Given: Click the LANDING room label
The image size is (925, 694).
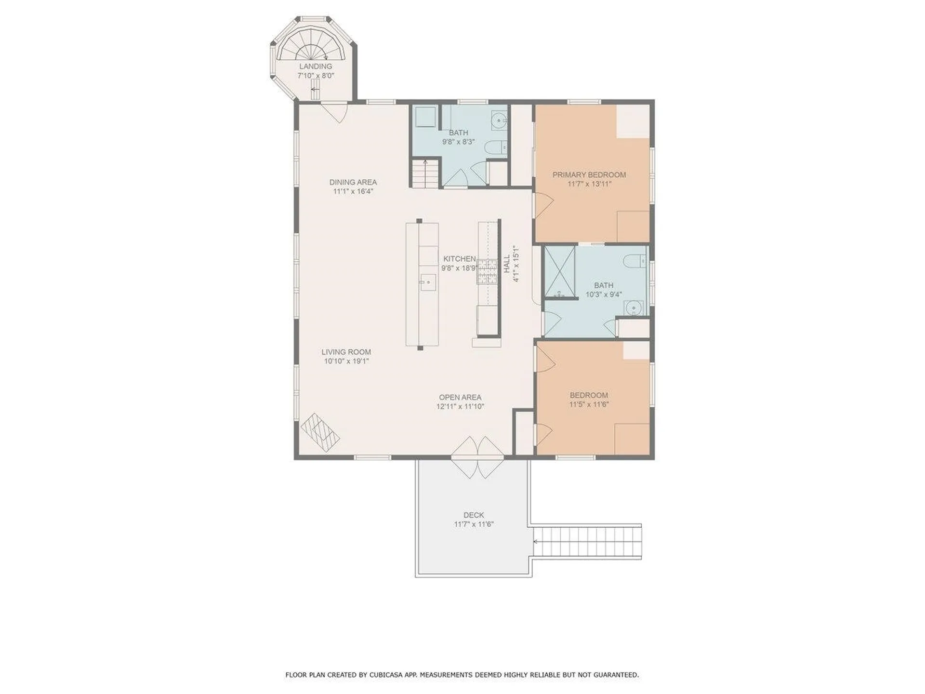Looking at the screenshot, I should tap(316, 66).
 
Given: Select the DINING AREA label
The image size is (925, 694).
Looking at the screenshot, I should tap(353, 182).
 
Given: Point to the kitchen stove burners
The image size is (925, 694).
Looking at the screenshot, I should tap(487, 271).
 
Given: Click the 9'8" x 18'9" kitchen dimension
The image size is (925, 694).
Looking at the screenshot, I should tap(459, 268).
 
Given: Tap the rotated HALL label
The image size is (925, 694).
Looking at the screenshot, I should tap(507, 264).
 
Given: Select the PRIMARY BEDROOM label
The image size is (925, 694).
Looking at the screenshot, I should tap(589, 175).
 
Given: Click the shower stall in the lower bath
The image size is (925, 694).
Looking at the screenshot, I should tap(560, 272).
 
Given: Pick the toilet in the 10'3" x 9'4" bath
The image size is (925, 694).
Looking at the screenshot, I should tap(635, 261).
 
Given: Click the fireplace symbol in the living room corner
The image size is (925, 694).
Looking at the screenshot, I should tap(320, 432).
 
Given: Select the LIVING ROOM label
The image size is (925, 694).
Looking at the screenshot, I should tap(346, 352).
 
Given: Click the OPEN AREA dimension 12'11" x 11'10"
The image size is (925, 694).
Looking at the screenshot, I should tap(460, 406).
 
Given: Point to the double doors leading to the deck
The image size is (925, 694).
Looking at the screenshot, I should tap(477, 457).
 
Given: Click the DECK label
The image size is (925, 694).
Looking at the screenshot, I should tap(474, 515).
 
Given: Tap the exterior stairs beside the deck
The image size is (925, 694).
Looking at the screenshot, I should tap(588, 541).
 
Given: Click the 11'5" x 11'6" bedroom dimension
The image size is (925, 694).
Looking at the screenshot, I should tap(589, 404).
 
